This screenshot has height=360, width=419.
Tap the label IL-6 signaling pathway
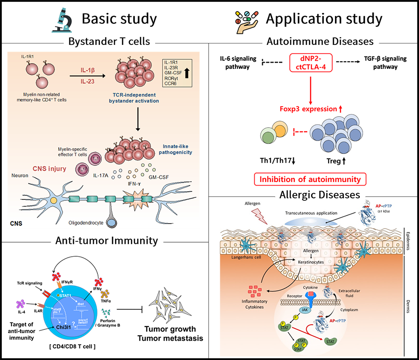pyautogui.click(x=236, y=63)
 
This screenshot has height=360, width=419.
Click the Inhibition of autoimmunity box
pyautogui.click(x=311, y=180)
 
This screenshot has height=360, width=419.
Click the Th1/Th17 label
pyautogui.click(x=275, y=161)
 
